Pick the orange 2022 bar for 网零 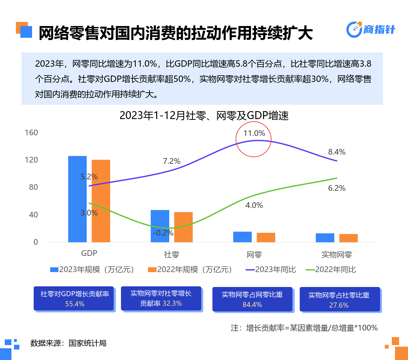[266, 237]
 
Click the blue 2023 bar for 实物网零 [325, 238]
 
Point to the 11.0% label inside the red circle [254, 133]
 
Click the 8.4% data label [337, 152]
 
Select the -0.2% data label [163, 233]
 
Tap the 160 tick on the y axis [31, 133]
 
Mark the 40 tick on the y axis [33, 215]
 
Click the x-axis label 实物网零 [337, 255]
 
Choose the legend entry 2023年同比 [271, 270]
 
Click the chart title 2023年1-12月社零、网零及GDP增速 [204, 116]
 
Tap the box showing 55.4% [74, 299]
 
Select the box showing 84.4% [252, 299]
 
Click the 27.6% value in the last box [339, 305]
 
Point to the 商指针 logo [371, 30]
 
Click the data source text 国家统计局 [87, 343]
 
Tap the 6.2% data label [337, 188]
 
